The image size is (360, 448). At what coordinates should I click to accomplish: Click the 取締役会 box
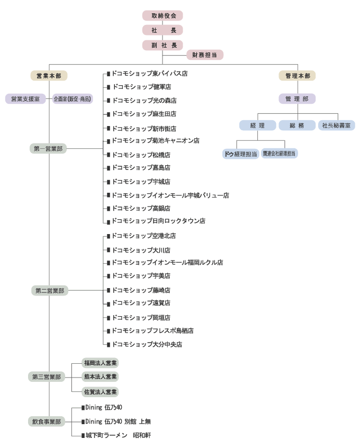[163, 16]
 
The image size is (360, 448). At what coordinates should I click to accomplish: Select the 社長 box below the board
[163, 30]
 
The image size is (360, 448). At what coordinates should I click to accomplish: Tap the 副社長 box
[163, 45]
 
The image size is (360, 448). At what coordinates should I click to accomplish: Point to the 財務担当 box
[205, 55]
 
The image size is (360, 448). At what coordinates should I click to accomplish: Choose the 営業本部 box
[49, 76]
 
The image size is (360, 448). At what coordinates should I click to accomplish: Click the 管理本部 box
[297, 76]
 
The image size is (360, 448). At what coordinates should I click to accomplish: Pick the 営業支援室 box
[25, 99]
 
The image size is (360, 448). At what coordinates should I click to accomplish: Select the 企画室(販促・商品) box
[73, 99]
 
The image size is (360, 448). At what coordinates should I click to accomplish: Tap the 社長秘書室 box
[337, 125]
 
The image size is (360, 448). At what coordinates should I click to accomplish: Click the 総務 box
[297, 125]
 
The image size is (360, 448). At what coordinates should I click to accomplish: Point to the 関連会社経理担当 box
[280, 154]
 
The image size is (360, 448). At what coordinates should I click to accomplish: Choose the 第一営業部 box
[48, 149]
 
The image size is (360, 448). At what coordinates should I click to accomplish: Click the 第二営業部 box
[50, 291]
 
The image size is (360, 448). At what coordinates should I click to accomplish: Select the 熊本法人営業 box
[100, 377]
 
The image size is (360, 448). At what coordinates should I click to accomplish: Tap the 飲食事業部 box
[47, 422]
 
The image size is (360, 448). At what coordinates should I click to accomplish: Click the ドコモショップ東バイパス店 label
[149, 74]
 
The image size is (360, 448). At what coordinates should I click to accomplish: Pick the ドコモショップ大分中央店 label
[147, 344]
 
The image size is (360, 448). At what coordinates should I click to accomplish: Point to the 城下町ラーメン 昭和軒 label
[118, 435]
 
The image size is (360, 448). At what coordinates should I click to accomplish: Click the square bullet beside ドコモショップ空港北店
[109, 236]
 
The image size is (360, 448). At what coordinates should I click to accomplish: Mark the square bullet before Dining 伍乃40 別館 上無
[83, 422]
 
